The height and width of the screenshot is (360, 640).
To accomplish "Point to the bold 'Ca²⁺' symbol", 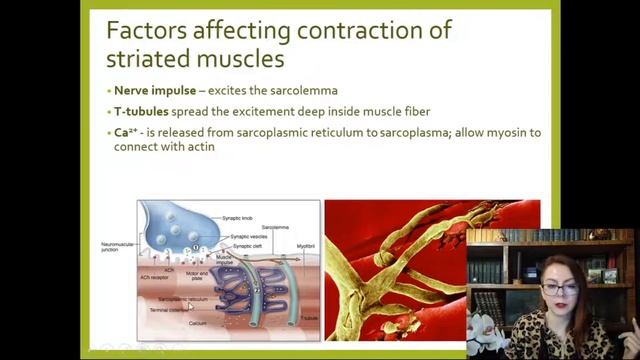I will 128,132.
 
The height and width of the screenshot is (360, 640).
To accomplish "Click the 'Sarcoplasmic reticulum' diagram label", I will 182,299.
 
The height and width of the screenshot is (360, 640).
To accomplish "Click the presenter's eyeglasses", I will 561,289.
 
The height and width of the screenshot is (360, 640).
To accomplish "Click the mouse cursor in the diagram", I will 188,307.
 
